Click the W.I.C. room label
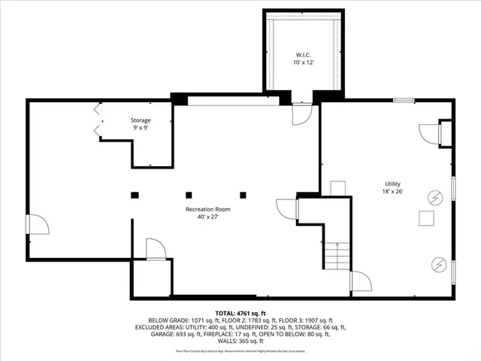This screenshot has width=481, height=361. tap(302, 54)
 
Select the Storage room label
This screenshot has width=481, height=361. tap(141, 120)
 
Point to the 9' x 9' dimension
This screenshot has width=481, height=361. tap(141, 128)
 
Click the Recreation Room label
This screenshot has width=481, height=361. tap(208, 209)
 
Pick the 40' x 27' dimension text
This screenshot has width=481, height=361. tap(208, 217)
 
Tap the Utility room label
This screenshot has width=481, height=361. tap(392, 184)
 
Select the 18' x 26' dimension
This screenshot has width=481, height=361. tap(392, 191)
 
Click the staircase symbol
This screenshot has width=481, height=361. tap(337, 256)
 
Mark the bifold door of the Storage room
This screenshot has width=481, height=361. tap(96, 120)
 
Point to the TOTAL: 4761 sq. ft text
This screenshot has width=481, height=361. tap(240, 313)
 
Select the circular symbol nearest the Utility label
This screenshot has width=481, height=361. tap(434, 198)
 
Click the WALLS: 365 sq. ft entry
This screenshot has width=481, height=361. tap(240, 341)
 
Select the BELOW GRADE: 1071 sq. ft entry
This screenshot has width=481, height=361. tap(180, 320)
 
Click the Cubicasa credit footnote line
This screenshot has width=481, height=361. tap(240, 350)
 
